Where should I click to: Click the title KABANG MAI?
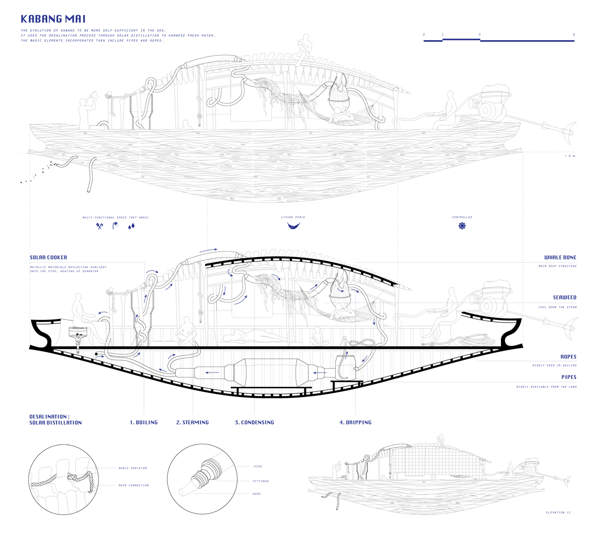53,19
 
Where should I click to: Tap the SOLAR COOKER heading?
49,258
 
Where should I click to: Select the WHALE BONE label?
560,258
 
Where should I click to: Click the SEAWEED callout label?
565,297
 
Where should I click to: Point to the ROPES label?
568,357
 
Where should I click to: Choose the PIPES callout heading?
569,377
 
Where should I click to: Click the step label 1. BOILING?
144,423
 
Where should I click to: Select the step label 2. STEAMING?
193,423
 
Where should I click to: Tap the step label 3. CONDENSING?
254,423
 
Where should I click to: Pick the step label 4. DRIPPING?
355,423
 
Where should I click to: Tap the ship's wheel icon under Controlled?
462,226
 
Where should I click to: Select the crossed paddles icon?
99,226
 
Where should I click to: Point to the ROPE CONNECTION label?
134,485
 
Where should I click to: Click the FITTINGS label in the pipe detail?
260,481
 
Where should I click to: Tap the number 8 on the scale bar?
574,35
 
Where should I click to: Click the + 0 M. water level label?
570,156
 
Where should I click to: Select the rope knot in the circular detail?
75,480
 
